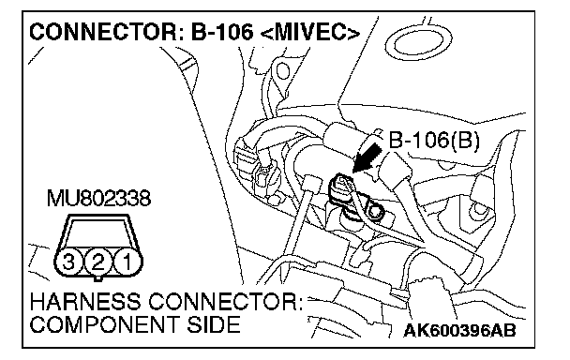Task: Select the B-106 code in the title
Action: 221,32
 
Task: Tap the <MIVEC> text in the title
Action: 310,32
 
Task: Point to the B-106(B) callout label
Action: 434,140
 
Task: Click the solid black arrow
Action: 367,157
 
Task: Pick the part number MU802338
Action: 98,199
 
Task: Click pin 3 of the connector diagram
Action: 68,262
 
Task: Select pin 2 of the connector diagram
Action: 97,262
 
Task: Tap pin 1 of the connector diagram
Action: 127,262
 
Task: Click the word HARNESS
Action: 85,302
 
